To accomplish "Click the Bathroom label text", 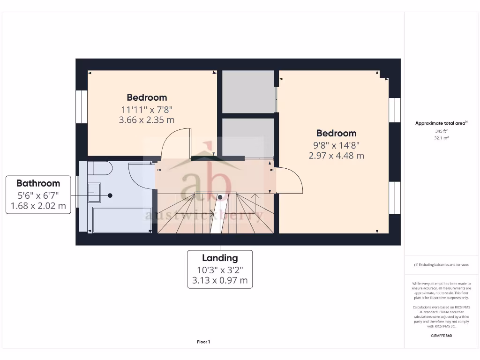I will point(38,183).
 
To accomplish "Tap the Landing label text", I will point(220,258).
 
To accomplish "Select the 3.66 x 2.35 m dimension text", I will point(147,120).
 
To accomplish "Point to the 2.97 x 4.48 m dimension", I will point(336,156).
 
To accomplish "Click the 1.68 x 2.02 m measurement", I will point(38,206).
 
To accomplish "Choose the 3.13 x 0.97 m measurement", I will point(220,281).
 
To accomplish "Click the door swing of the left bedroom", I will point(175,143).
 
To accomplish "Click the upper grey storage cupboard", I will point(247,91).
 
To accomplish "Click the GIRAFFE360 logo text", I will point(441,336).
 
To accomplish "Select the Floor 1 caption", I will point(203,342).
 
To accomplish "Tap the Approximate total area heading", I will point(440,123).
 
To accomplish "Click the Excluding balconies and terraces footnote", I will point(441,265).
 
